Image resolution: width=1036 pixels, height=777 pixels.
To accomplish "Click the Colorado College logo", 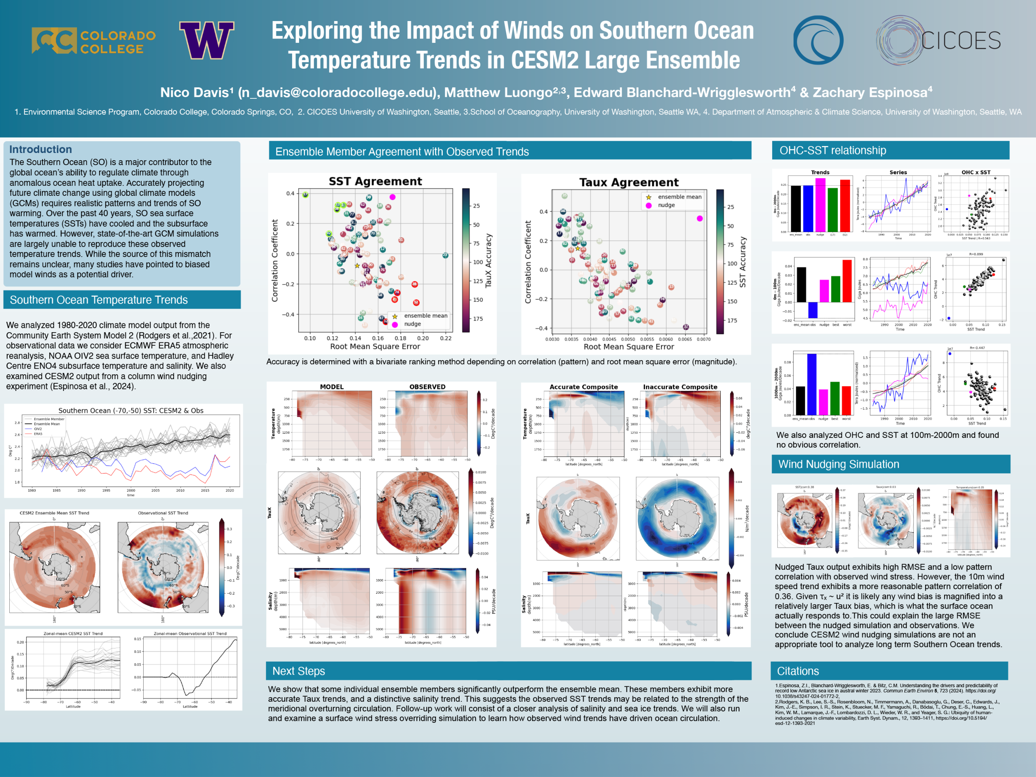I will [93, 41].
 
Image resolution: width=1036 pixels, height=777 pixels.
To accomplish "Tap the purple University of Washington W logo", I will [206, 40].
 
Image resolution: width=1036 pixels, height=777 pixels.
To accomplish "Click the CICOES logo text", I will [961, 41].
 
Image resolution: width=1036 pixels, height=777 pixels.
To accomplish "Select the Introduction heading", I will [40, 149].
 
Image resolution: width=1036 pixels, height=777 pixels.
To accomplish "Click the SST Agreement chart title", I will [375, 181].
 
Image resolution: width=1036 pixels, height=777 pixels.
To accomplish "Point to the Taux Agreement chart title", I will [628, 182].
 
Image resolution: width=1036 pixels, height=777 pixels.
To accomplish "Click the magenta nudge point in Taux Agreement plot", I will [700, 219].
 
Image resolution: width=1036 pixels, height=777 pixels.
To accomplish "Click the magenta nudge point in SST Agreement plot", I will [393, 197].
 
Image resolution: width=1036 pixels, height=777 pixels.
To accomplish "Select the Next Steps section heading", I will [298, 671].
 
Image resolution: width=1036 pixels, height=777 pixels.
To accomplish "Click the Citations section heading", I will [798, 671].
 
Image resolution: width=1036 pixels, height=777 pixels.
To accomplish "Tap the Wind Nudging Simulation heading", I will [839, 464].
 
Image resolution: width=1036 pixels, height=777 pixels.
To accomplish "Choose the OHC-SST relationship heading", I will [832, 151].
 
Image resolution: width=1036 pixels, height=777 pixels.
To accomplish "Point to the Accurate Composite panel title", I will [584, 387].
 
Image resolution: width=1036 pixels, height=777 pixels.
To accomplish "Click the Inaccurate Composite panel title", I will [680, 387].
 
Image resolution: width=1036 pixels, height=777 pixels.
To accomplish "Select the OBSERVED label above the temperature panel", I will [427, 387].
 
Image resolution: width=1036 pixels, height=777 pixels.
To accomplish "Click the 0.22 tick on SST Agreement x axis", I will [446, 338].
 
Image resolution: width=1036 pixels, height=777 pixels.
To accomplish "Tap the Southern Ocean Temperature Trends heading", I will [98, 300].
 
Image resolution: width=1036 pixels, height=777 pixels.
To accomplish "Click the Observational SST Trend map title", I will [163, 513].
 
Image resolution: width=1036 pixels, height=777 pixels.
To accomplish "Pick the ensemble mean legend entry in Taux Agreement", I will [679, 197].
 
